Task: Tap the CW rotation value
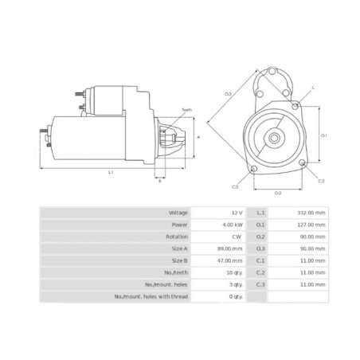(x=235, y=237)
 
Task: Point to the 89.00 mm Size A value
(x=229, y=249)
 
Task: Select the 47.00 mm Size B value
(x=229, y=260)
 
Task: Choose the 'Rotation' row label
(x=178, y=237)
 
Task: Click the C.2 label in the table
(x=260, y=272)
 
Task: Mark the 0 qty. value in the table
(x=234, y=296)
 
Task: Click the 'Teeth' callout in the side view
(x=186, y=110)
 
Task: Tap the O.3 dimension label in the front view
(x=228, y=94)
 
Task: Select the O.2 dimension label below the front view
(x=277, y=193)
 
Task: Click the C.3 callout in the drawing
(x=235, y=186)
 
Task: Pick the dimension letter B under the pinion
(x=159, y=181)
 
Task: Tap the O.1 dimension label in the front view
(x=324, y=135)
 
